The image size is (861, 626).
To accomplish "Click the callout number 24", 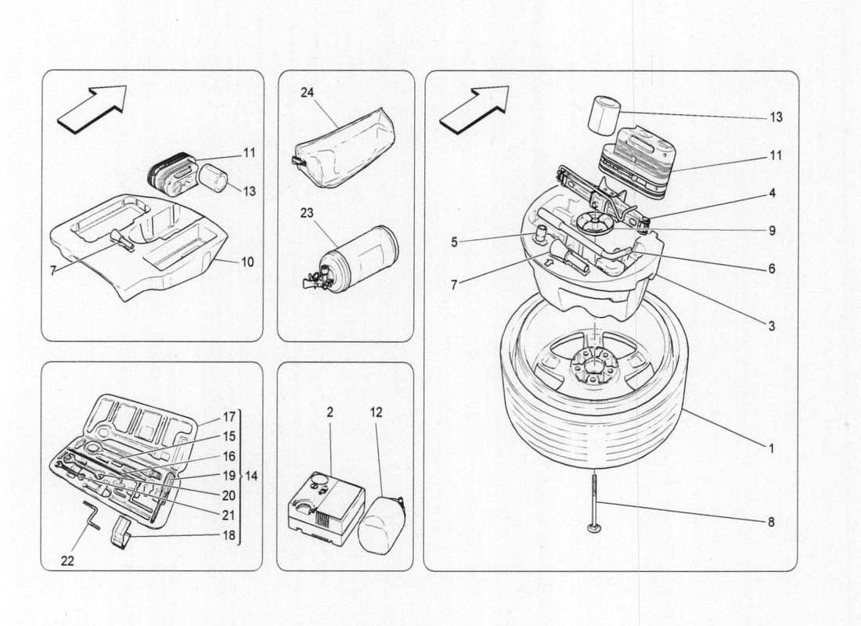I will point(307,92).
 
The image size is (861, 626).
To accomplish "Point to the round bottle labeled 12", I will point(381,526).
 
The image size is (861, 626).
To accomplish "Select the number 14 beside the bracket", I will point(252,475).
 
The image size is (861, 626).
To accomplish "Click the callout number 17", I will point(229,417).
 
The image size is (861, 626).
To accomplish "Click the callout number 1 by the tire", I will point(771,449).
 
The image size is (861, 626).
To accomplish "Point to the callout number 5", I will point(454,243).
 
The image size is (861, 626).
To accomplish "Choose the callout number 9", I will point(772,231).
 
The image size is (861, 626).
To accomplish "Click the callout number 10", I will point(247,262).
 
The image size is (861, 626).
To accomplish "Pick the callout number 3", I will point(772,326).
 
